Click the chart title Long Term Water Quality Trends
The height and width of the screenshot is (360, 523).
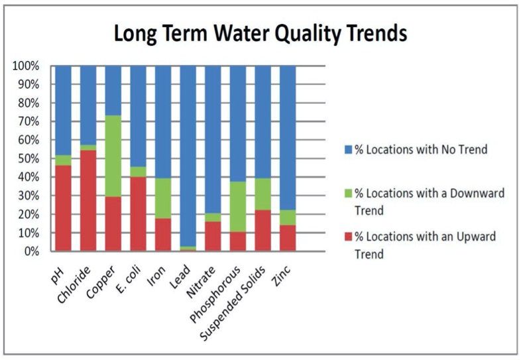pyautogui.click(x=261, y=32)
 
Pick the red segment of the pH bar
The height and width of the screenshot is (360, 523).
pyautogui.click(x=63, y=208)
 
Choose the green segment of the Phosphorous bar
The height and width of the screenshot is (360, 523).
pyautogui.click(x=238, y=207)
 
